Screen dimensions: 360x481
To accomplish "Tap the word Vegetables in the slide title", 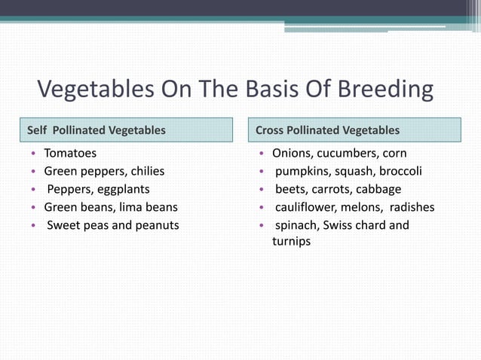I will [106, 90].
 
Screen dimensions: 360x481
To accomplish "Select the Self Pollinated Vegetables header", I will [97, 130].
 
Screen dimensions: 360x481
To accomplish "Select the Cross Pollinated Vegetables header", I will [328, 130].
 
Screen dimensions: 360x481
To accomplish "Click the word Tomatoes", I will [70, 153].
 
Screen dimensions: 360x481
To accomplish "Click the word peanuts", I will [156, 225].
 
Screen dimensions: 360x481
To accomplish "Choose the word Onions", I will [291, 153].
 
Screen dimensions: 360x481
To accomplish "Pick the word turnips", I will [291, 242].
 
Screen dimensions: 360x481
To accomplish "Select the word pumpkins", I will [301, 171].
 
